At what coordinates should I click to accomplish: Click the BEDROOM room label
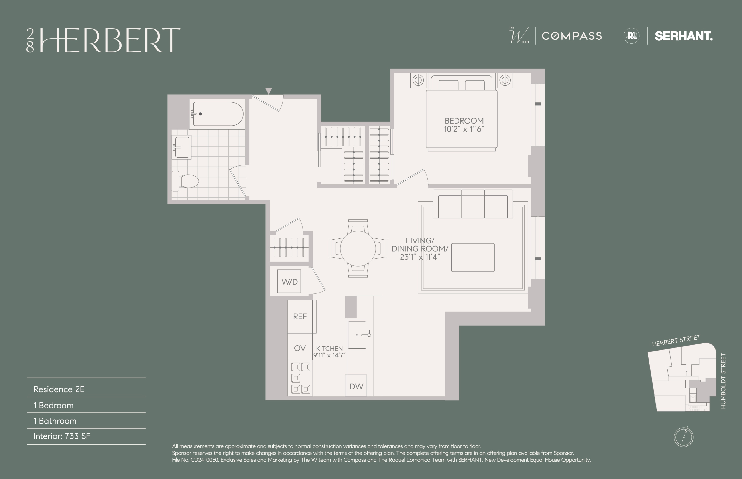[x=464, y=121]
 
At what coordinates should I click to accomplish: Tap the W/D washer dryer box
[x=289, y=281]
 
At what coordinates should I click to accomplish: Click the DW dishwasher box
[x=356, y=386]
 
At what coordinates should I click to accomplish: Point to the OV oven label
[x=300, y=348]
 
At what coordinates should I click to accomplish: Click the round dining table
[x=358, y=248]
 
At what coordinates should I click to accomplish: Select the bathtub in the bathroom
[x=217, y=114]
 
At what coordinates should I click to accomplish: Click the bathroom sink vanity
[x=182, y=147]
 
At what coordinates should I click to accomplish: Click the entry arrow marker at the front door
[x=268, y=90]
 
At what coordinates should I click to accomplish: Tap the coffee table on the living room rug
[x=472, y=257]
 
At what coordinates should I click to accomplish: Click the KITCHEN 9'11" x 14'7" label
[x=329, y=352]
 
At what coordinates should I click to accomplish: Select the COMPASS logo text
[x=572, y=36]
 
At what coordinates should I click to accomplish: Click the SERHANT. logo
[x=683, y=36]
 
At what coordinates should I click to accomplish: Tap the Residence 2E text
[x=59, y=389]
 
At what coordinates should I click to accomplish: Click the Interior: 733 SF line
[x=62, y=436]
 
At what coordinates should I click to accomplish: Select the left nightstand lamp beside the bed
[x=418, y=80]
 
